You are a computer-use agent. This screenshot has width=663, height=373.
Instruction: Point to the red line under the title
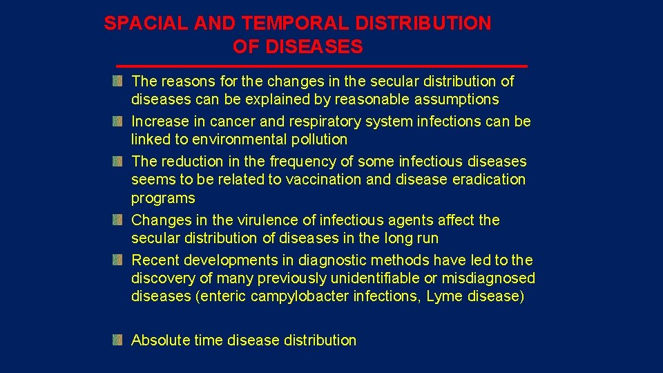click(x=321, y=66)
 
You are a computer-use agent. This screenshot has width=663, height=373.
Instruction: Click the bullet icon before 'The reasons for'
click(x=118, y=82)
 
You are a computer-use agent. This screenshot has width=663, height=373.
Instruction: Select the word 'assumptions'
click(x=459, y=99)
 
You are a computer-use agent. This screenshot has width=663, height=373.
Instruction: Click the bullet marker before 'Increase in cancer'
click(x=118, y=122)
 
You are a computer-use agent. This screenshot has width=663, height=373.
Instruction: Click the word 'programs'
click(x=163, y=198)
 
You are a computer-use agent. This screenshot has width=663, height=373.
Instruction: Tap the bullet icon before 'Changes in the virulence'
click(x=118, y=220)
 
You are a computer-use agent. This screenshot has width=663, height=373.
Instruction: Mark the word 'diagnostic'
click(x=332, y=260)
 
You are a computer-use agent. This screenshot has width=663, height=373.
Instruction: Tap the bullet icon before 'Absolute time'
click(x=118, y=340)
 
